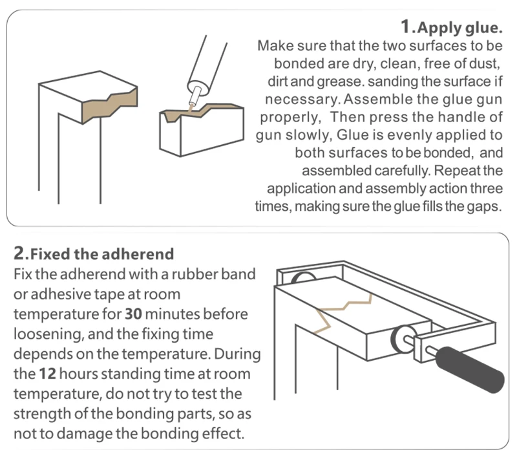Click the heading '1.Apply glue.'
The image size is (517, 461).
click(x=451, y=27)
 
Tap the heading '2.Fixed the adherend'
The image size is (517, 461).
click(x=94, y=253)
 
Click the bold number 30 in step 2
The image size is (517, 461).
click(x=133, y=314)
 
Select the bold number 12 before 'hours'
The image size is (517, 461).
click(x=47, y=374)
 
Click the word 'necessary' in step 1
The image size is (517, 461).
click(x=302, y=100)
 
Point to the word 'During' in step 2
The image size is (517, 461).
click(x=237, y=354)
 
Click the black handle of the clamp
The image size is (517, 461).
click(x=470, y=370)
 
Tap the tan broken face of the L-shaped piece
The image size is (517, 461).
click(x=110, y=104)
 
